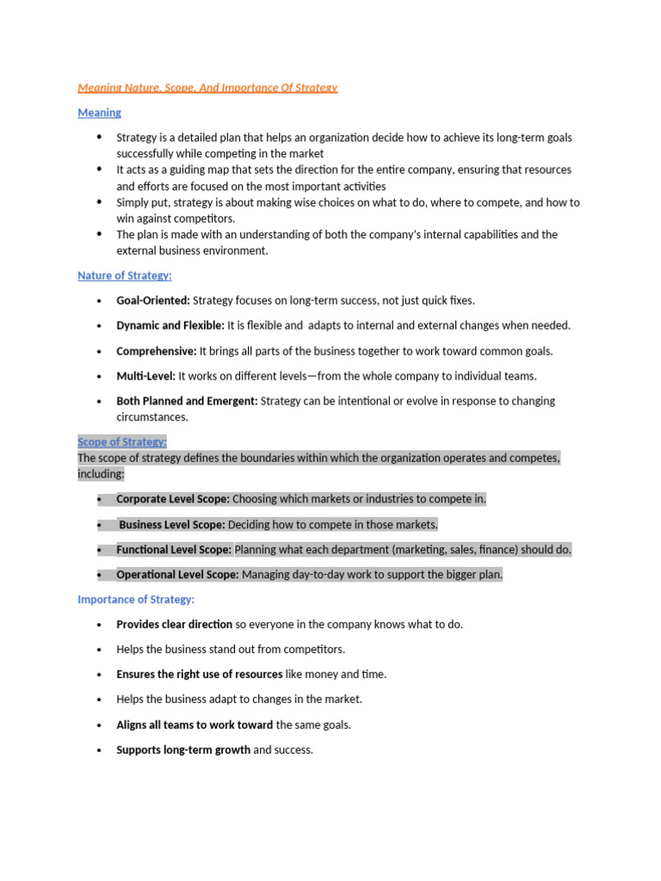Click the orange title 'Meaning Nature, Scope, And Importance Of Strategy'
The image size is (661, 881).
tap(207, 88)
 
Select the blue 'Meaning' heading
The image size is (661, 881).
tap(99, 113)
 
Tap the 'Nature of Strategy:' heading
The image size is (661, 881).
tap(125, 275)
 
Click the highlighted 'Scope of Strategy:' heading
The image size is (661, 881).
tap(122, 441)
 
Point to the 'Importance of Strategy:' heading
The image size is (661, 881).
tap(136, 599)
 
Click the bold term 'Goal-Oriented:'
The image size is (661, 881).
tap(153, 300)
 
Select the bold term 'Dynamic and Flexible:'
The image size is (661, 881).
tap(170, 325)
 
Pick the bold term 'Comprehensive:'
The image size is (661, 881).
tap(157, 351)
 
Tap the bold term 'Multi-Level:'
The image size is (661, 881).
tap(145, 376)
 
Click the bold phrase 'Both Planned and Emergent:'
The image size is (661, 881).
tap(187, 401)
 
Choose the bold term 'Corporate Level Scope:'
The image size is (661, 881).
tap(173, 499)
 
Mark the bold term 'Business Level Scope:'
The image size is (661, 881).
tap(172, 525)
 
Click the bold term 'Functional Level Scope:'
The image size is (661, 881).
tap(174, 550)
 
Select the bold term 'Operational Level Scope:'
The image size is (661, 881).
tap(178, 575)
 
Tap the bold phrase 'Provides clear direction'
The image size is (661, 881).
tap(175, 625)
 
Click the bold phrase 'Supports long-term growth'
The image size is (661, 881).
tap(183, 750)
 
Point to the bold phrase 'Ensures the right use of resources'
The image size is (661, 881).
tap(200, 675)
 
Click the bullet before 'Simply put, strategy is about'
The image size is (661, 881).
tap(99, 202)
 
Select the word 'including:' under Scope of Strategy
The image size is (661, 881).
tap(101, 474)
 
